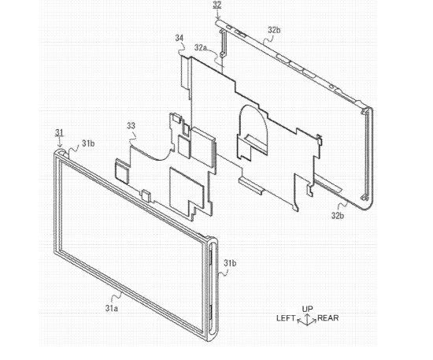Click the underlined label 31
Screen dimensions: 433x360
(59, 133)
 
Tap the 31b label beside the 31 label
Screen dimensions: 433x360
(88, 143)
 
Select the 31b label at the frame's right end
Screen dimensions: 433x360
(230, 263)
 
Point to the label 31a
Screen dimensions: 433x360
(112, 308)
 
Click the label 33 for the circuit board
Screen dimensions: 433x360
(131, 126)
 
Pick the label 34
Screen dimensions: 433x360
(179, 38)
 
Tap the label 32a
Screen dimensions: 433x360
(201, 47)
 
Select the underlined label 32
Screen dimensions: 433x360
(217, 6)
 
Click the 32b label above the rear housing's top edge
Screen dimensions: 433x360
(274, 30)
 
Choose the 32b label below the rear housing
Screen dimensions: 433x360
(338, 215)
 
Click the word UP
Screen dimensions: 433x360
(307, 309)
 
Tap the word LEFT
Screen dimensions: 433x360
(286, 318)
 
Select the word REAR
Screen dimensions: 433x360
(328, 318)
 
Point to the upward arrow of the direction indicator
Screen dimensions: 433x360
(307, 318)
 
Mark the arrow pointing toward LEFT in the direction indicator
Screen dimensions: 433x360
(302, 321)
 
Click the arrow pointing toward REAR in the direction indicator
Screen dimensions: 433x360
(312, 321)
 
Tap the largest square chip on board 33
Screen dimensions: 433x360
(187, 187)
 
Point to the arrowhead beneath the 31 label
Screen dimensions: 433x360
(60, 144)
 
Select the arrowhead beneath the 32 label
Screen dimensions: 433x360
(217, 17)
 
